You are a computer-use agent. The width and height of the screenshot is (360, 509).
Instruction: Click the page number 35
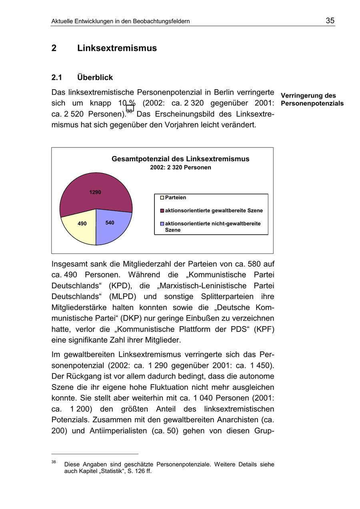pos(330,21)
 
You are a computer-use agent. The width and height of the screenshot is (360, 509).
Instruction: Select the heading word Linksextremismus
pos(117,48)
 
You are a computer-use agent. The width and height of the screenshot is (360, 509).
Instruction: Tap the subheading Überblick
pos(95,78)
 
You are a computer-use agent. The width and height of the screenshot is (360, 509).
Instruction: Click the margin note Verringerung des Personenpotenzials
pos(312,100)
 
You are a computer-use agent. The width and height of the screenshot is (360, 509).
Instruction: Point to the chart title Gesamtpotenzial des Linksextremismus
pos(180,159)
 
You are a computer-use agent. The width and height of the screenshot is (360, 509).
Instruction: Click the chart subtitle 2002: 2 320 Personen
pos(180,168)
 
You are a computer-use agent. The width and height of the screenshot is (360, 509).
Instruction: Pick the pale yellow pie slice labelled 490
pos(81,226)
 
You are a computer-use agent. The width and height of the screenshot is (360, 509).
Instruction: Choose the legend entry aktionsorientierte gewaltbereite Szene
pos(214,211)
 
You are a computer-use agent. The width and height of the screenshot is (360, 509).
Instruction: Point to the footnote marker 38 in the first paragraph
pos(130,109)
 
